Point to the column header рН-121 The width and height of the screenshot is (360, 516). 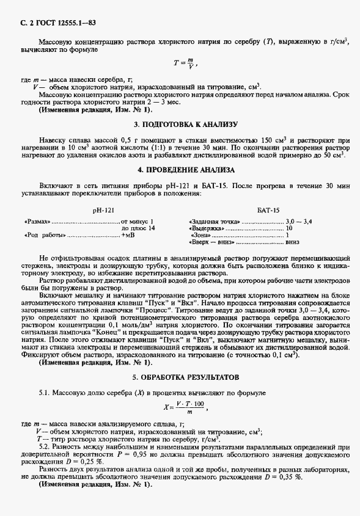pyautogui.click(x=102, y=209)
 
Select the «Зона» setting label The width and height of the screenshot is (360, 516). pyautogui.click(x=200, y=235)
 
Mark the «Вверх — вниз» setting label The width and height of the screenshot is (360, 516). pyautogui.click(x=211, y=242)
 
